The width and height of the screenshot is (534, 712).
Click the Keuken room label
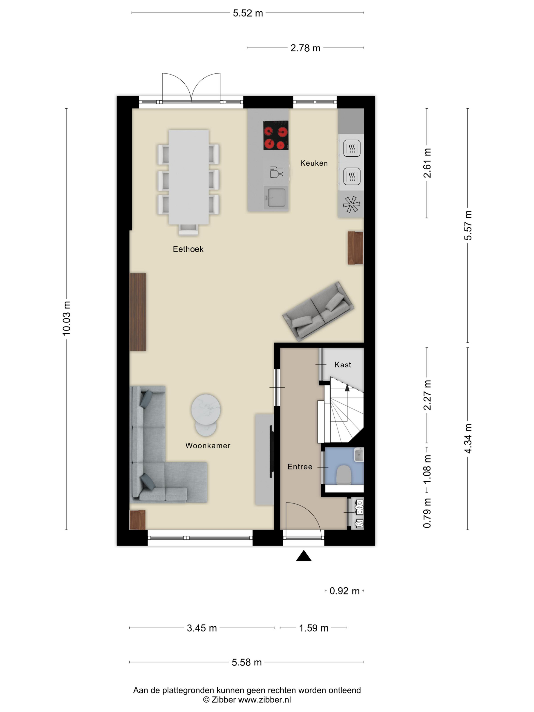coord(314,163)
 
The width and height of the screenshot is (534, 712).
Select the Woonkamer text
coord(208,446)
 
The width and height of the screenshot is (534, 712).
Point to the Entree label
coord(300,467)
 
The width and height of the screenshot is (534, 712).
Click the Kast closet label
coord(343,365)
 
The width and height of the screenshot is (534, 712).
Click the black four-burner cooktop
coord(276,135)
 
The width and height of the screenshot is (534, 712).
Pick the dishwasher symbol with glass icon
coord(276,172)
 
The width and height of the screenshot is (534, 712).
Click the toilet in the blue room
coord(344,474)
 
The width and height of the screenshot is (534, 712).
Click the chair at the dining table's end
coord(188,229)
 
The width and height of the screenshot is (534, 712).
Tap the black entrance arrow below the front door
coord(304,556)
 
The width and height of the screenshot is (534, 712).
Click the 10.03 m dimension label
coord(66,318)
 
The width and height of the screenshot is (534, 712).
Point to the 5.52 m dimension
coord(248,13)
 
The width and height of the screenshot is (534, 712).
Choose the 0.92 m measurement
coord(344,591)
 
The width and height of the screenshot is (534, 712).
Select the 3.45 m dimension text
coord(202,628)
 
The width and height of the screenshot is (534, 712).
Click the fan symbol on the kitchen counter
coord(351,204)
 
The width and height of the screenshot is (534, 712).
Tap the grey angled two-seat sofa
coord(318,311)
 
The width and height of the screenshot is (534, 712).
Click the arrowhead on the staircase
coord(347,388)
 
